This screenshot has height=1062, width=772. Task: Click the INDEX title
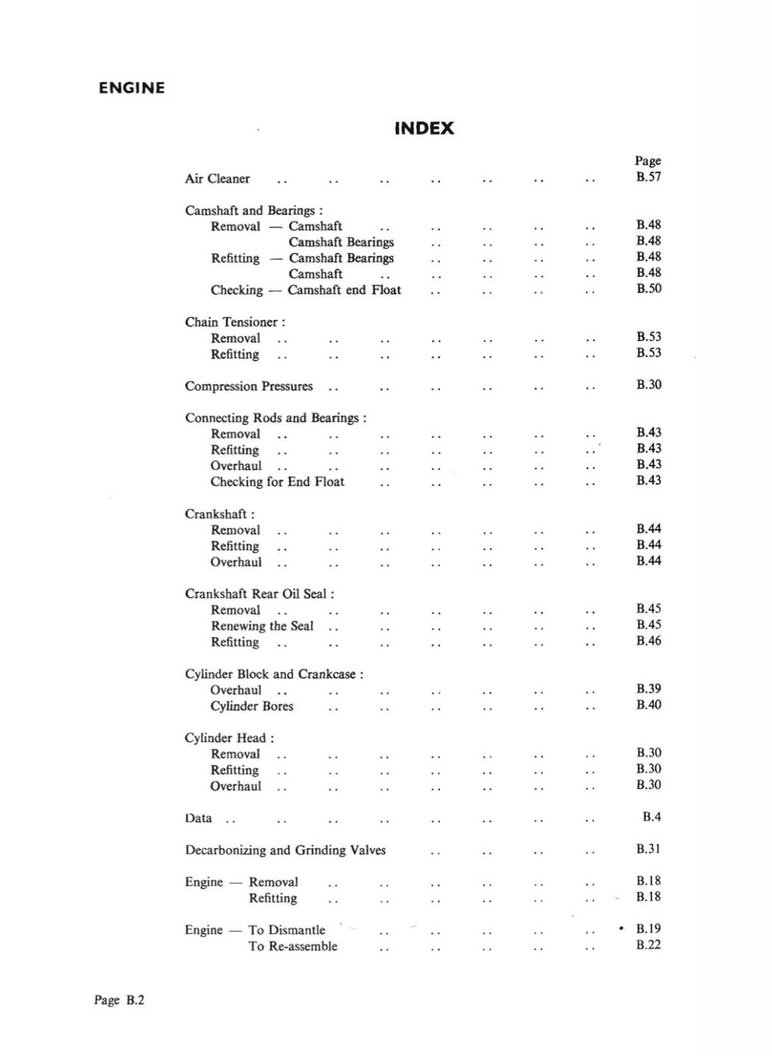coord(424,128)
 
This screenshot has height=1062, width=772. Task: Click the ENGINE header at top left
coord(131,88)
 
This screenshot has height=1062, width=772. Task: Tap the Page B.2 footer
coord(119,1000)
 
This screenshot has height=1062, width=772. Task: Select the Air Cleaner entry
coord(217,179)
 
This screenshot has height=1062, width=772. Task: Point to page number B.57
coord(648,177)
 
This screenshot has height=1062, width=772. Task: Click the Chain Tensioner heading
coord(235,322)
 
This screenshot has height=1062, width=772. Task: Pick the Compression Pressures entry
coord(248,386)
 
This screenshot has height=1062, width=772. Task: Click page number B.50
coord(648,288)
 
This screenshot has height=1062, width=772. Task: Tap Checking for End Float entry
coord(277,482)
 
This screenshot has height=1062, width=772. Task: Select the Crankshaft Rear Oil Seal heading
coord(259,594)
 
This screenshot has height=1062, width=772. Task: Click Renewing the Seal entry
coord(262,626)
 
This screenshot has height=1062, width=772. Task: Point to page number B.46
coord(648,641)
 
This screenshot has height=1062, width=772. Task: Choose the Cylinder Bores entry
coord(252,706)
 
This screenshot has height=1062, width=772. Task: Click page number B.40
coord(648,704)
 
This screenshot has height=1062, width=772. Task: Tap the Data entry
coord(198,818)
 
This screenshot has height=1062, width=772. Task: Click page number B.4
coord(651,816)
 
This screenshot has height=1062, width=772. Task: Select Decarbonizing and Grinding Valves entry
coord(285,850)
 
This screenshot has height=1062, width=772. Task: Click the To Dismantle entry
coord(287,930)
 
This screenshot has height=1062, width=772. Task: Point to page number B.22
coord(648,945)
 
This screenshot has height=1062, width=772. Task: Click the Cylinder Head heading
coord(229,738)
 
